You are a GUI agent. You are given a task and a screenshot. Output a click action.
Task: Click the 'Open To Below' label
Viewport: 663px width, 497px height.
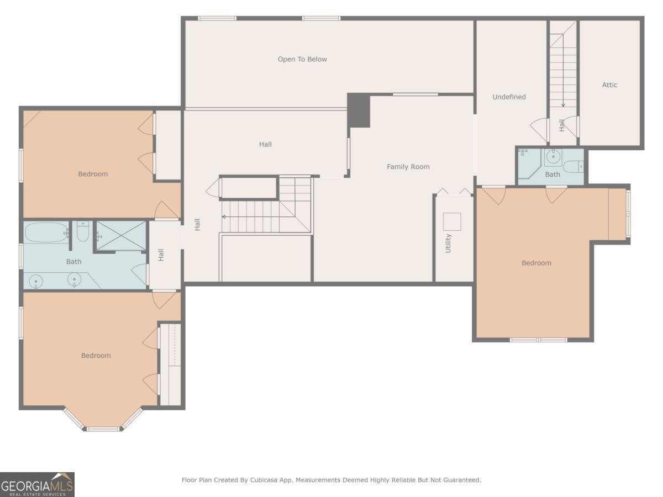pyautogui.click(x=302, y=59)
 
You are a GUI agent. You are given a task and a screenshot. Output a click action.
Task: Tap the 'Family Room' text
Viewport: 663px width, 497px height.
pyautogui.click(x=408, y=166)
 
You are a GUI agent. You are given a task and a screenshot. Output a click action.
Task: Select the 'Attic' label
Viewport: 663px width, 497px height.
pyautogui.click(x=609, y=84)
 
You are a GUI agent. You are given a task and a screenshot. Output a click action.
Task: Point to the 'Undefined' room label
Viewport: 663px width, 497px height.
pyautogui.click(x=509, y=97)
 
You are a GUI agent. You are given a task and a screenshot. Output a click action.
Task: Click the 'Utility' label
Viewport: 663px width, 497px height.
pyautogui.click(x=448, y=243)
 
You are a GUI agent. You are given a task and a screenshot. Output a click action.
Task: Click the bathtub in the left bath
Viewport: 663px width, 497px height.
pyautogui.click(x=46, y=232)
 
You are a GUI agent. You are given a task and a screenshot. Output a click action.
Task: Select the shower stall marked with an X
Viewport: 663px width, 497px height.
pyautogui.click(x=122, y=236)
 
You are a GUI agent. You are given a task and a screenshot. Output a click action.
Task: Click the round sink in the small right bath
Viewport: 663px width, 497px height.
pyautogui.click(x=552, y=158)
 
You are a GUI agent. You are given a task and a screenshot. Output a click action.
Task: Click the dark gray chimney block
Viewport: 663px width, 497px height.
pyautogui.click(x=359, y=110)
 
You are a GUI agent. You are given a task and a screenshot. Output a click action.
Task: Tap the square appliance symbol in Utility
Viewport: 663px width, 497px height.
pyautogui.click(x=451, y=221)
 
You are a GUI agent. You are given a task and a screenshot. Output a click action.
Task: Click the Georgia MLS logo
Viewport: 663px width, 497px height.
pyautogui.click(x=37, y=484)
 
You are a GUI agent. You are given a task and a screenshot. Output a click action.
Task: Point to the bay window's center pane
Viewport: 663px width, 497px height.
pyautogui.click(x=103, y=429)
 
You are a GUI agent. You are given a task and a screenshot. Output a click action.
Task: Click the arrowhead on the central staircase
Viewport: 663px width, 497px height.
pyautogui.click(x=224, y=216)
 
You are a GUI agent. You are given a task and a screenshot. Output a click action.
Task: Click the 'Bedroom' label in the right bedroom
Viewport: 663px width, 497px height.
pyautogui.click(x=536, y=263)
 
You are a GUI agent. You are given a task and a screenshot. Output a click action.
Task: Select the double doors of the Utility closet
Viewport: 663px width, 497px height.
pyautogui.click(x=454, y=192)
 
